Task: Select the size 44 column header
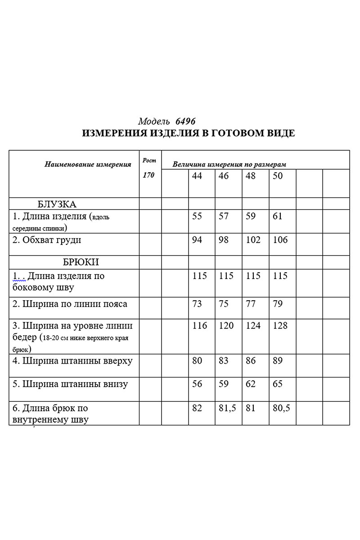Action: (197, 176)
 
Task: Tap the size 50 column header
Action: (278, 176)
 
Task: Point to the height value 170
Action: (148, 175)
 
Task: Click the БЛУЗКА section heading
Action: (57, 204)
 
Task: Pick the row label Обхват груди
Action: (47, 240)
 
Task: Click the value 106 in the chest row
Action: (280, 240)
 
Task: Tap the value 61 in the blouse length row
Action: (278, 216)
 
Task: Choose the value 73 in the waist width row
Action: (197, 304)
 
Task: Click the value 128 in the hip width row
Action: (280, 325)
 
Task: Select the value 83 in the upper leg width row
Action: (224, 361)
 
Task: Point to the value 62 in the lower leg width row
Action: (251, 384)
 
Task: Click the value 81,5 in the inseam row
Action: (227, 408)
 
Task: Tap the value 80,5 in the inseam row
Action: (281, 408)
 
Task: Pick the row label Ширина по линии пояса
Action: (70, 304)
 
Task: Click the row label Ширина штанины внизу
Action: (70, 384)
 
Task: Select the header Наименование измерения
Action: (88, 164)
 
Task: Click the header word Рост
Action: (149, 161)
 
